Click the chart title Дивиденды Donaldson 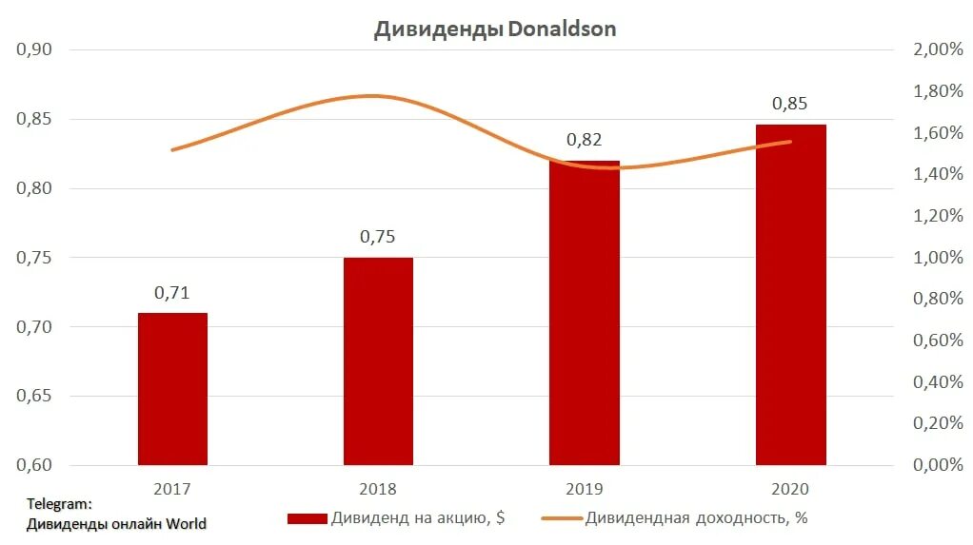494,29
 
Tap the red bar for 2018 378,361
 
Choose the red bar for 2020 790,295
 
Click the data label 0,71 172,293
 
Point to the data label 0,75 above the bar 378,237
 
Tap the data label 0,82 585,140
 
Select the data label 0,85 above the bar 790,104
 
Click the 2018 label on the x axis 378,490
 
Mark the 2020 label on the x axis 790,490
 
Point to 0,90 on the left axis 34,49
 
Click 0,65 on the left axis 34,397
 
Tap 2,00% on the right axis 938,49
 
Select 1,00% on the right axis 938,258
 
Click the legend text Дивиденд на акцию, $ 418,518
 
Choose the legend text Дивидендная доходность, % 697,518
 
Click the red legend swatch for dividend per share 307,519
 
